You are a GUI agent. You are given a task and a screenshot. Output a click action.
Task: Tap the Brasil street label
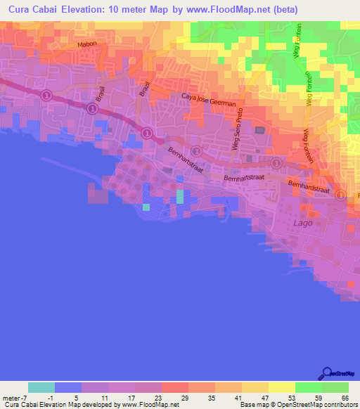(101, 95)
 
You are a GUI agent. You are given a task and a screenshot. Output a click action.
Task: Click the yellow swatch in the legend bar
(281, 387)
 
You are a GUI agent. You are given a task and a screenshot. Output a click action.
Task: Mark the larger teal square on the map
(180, 196)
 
